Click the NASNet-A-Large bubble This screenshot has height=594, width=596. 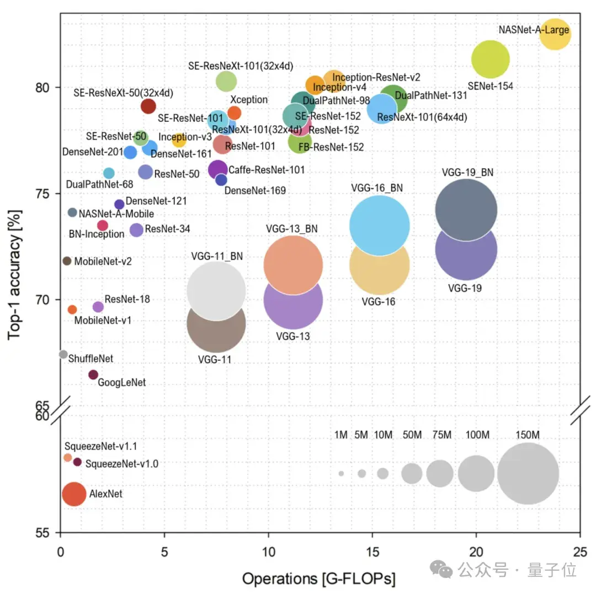point(555,34)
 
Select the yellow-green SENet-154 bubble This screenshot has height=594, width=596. point(490,60)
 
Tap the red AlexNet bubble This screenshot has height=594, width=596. point(74,494)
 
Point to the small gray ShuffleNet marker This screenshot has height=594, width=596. point(63,354)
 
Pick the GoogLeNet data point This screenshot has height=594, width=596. point(93,374)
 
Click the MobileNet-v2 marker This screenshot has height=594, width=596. point(67,261)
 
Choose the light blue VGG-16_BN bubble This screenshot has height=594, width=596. point(380,225)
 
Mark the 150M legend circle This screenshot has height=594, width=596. point(528,473)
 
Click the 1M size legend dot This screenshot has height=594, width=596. point(341,473)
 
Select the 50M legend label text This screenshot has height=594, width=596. point(412,435)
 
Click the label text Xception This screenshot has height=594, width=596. point(249,100)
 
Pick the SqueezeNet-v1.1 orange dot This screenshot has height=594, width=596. point(68,457)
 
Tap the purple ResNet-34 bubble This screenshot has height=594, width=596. point(136,229)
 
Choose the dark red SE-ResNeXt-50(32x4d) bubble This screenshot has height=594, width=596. point(148,106)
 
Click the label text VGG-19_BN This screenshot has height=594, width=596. point(467,172)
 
